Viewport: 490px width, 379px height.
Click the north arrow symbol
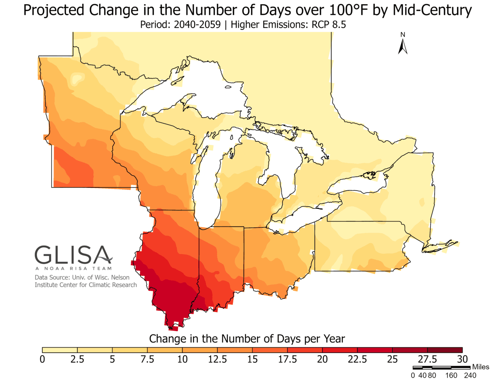pyautogui.click(x=403, y=47)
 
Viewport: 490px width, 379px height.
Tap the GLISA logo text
pyautogui.click(x=73, y=255)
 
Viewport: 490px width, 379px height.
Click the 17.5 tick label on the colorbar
pyautogui.click(x=287, y=359)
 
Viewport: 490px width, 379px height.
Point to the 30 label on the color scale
pyautogui.click(x=462, y=359)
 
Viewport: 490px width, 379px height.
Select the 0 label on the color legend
pyautogui.click(x=42, y=359)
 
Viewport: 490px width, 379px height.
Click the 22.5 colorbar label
pyautogui.click(x=357, y=359)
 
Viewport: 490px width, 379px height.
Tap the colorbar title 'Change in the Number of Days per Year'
pyautogui.click(x=247, y=339)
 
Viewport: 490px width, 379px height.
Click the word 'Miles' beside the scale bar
pyautogui.click(x=480, y=367)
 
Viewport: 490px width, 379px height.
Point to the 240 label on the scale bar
pyautogui.click(x=470, y=376)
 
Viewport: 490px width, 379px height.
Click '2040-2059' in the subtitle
pyautogui.click(x=197, y=25)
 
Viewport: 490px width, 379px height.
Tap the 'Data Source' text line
pyautogui.click(x=82, y=277)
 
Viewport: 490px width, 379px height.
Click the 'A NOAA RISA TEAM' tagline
pyautogui.click(x=73, y=269)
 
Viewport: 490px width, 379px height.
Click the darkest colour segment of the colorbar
pyautogui.click(x=445, y=350)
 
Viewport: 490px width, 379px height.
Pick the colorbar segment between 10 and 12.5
pyautogui.click(x=200, y=350)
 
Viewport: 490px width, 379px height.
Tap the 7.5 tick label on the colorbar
pyautogui.click(x=147, y=359)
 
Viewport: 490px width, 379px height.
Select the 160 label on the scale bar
pyautogui.click(x=451, y=376)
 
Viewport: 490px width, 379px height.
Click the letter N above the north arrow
pyautogui.click(x=403, y=35)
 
